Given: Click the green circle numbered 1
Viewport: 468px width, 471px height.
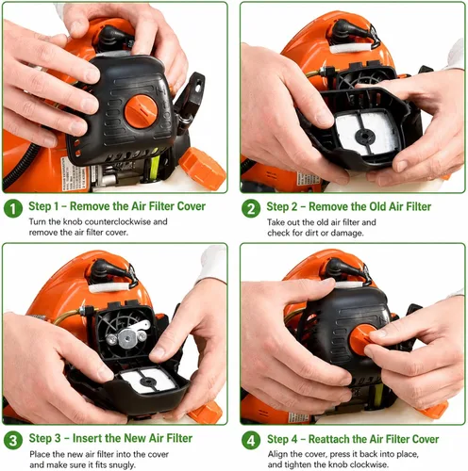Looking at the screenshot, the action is pyautogui.click(x=13, y=208).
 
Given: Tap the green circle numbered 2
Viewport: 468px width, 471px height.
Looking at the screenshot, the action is pyautogui.click(x=251, y=209).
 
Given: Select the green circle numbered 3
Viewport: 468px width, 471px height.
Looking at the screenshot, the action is pyautogui.click(x=13, y=440).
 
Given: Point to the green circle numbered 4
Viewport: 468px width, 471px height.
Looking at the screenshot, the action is pyautogui.click(x=251, y=441).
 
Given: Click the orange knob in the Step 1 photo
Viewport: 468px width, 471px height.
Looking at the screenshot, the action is pyautogui.click(x=141, y=111).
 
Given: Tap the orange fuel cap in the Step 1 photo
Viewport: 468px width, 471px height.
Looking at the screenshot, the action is pyautogui.click(x=202, y=168).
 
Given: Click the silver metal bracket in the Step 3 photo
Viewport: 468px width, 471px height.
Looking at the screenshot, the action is pyautogui.click(x=129, y=335).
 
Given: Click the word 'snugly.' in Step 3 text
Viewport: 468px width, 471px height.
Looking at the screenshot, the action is pyautogui.click(x=122, y=464).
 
